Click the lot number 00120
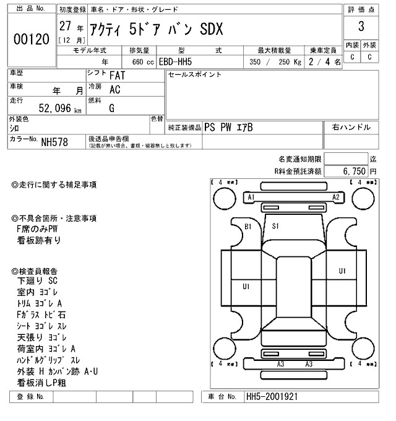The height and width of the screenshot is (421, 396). pyautogui.click(x=31, y=40)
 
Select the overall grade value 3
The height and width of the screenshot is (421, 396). pyautogui.click(x=361, y=27)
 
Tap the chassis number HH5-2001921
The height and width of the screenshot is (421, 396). pyautogui.click(x=273, y=396)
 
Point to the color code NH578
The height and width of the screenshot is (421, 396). pyautogui.click(x=54, y=142)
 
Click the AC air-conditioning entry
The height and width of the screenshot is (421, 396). pyautogui.click(x=114, y=90)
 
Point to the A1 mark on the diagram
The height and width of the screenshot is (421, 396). pyautogui.click(x=251, y=197)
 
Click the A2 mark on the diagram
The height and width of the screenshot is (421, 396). pyautogui.click(x=336, y=197)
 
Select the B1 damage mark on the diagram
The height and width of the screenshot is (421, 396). pyautogui.click(x=248, y=227)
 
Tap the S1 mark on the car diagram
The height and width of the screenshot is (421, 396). pyautogui.click(x=276, y=227)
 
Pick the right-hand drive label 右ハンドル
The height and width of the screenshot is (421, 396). pyautogui.click(x=351, y=128)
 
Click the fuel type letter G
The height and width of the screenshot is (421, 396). pyautogui.click(x=112, y=108)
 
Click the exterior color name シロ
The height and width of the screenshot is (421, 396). pyautogui.click(x=14, y=128)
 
